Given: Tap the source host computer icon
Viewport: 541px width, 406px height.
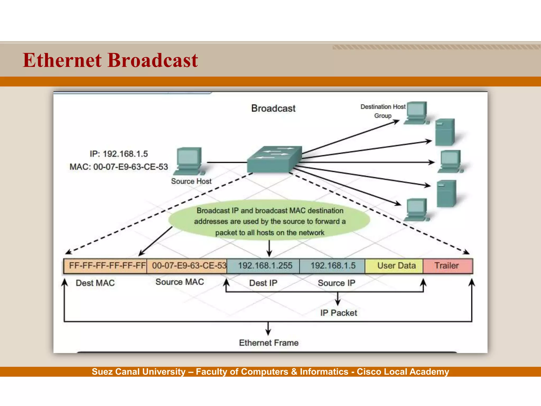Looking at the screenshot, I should point(189,161).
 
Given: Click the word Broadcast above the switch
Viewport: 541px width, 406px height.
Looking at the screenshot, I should point(273,108).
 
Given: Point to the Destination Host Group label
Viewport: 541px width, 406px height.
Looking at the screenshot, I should point(383,111).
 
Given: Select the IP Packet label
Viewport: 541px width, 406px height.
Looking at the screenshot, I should point(338,313).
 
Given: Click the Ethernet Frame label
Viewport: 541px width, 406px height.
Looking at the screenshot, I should point(269,343).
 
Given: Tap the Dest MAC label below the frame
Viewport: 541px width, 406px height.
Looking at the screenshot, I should point(95,283).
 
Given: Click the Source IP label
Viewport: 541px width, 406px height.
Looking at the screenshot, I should point(337,283).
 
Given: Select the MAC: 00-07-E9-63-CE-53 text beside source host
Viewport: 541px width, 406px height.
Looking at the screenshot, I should point(119,167).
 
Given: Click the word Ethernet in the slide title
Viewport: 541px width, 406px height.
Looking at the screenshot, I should point(62,60).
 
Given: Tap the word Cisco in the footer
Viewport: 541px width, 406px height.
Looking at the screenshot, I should point(369,372).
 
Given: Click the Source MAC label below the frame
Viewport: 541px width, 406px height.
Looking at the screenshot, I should point(180,282).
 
